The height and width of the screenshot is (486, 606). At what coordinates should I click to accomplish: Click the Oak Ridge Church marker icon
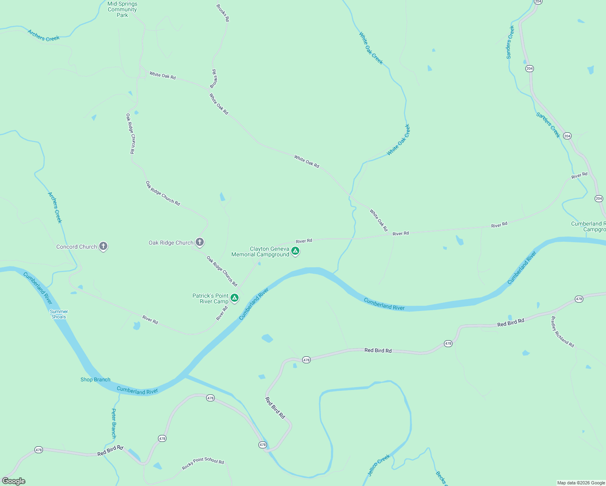(x=199, y=242)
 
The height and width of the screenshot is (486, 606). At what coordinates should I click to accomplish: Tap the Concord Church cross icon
(x=103, y=246)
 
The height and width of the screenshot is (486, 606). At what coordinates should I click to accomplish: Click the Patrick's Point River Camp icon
(x=234, y=298)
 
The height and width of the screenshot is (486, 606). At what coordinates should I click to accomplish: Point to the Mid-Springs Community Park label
(x=122, y=9)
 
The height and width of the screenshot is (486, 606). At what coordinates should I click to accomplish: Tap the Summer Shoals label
(x=59, y=314)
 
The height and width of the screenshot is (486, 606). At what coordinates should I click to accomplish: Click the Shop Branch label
(x=95, y=379)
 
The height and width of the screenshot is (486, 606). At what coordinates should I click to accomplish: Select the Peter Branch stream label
(x=114, y=423)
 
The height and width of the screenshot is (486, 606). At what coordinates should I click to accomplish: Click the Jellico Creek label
(x=379, y=465)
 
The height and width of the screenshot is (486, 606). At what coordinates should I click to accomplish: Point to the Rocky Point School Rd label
(x=203, y=463)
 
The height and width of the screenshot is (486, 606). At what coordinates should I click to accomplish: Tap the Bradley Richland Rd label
(x=562, y=332)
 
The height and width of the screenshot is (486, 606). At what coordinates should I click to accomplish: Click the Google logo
(x=14, y=481)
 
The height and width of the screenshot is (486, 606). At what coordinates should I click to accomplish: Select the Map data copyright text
(x=581, y=483)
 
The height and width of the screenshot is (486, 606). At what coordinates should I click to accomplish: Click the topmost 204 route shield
(x=538, y=2)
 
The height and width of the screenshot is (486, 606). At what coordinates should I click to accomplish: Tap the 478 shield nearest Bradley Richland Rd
(x=579, y=299)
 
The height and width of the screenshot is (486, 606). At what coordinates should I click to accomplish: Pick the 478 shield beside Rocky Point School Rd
(x=162, y=438)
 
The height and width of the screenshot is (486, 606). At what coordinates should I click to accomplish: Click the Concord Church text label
(x=77, y=247)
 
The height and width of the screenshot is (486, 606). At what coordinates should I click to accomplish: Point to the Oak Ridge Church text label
(x=171, y=243)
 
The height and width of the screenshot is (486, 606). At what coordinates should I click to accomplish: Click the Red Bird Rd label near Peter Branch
(x=110, y=451)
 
